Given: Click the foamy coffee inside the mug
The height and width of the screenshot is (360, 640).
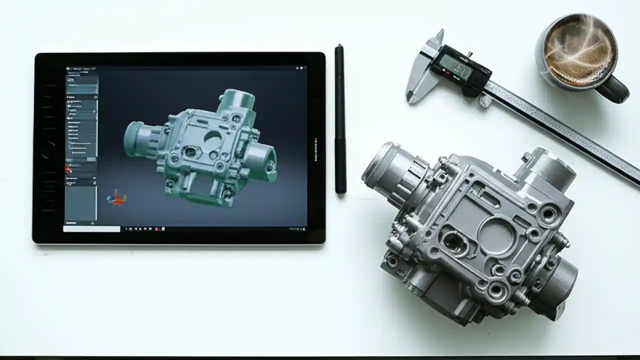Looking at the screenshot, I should (579, 50).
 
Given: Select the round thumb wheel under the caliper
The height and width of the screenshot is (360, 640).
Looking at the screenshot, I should (484, 101).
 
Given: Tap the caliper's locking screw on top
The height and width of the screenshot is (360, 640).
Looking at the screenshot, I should (469, 53).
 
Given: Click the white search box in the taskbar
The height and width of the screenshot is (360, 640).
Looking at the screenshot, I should (92, 229).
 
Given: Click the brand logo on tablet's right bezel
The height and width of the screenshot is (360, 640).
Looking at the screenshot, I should (315, 149).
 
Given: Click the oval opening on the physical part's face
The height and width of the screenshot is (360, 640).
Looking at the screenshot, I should (454, 243).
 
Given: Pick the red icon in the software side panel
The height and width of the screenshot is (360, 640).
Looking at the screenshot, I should (68, 168).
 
